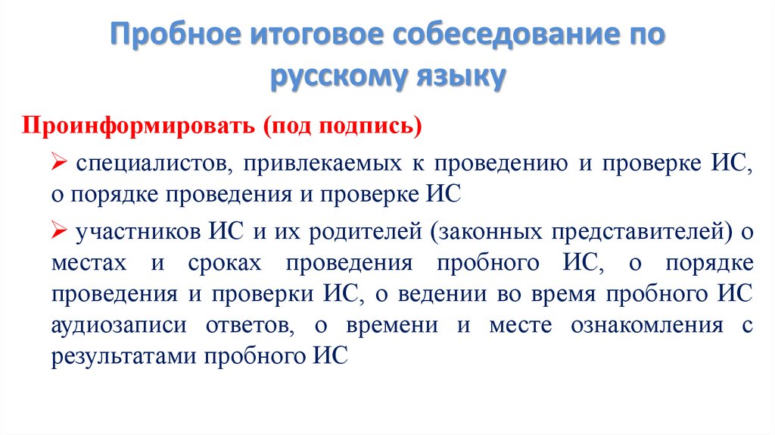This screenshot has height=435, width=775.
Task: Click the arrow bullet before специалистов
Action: pyautogui.click(x=60, y=163)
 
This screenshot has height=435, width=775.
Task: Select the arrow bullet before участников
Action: pyautogui.click(x=60, y=232)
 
